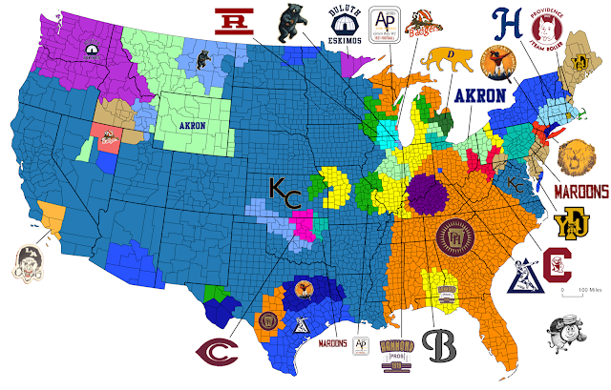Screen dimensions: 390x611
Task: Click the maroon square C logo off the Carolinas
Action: tap(558, 267)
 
